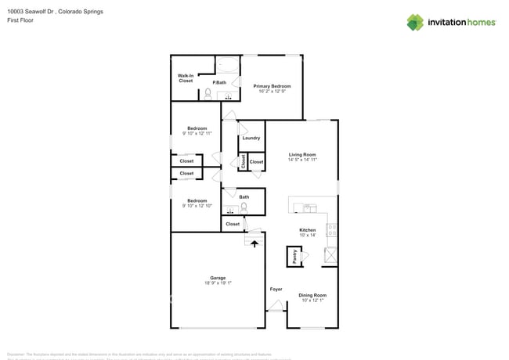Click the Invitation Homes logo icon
click(x=415, y=22)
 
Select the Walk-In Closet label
click(x=186, y=78)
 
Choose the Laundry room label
click(x=251, y=138)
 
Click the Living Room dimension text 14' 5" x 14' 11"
click(x=301, y=160)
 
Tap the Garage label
click(x=217, y=278)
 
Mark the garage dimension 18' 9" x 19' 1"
click(x=217, y=283)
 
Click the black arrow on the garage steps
click(x=253, y=244)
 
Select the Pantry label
click(x=295, y=256)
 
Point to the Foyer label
click(x=276, y=290)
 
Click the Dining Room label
click(x=312, y=295)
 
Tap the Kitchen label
click(x=307, y=230)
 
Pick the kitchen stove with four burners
click(x=331, y=230)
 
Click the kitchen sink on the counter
click(x=310, y=208)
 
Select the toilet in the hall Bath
click(x=244, y=207)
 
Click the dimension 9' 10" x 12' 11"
click(x=197, y=133)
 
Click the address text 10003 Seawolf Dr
click(x=31, y=12)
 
